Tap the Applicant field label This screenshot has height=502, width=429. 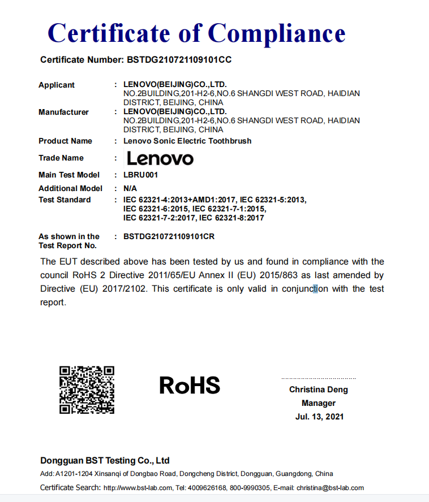coord(57,85)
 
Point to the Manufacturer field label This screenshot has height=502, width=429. coord(63,112)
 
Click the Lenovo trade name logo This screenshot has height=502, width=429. coord(160,158)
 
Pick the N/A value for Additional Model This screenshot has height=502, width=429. coord(130,188)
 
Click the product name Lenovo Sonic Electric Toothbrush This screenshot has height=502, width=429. coord(187,141)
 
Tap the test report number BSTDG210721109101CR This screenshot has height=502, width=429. coord(169,236)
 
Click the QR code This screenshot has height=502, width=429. coord(87,390)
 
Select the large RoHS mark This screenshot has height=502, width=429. coord(190,386)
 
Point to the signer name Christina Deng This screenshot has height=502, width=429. coord(319,390)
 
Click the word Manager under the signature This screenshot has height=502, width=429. coord(319,403)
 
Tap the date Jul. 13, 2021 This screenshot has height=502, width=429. coord(319,417)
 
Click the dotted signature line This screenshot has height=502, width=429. coord(319,378)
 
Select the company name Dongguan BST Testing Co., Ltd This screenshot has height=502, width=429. coord(105,460)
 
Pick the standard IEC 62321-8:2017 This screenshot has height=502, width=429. coord(231,218)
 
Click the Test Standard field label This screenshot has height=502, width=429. coord(65,200)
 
